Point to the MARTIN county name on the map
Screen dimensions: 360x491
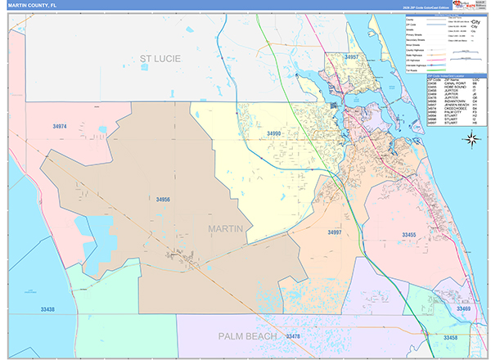point(225,229)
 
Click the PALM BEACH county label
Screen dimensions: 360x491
point(248,336)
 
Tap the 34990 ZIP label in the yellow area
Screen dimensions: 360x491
point(273,133)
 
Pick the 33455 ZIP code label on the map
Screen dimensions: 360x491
point(409,235)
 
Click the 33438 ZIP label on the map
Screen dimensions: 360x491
point(47,309)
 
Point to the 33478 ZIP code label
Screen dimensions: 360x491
point(292,336)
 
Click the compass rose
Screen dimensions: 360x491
point(471,138)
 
